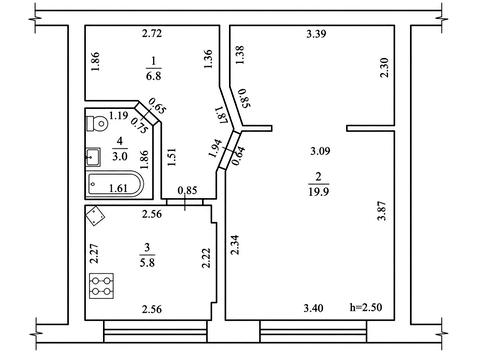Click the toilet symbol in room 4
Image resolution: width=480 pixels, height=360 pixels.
coord(97,124)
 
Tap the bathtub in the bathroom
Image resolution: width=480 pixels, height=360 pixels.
coord(115,184)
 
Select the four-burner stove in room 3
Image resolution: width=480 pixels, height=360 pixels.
coord(101,286)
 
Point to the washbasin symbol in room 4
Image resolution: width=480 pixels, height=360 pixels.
coord(93,157)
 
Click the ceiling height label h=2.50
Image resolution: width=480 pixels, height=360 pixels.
coord(366,307)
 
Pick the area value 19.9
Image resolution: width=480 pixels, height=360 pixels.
coord(318,192)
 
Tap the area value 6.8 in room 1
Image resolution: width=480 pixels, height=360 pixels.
coord(153,76)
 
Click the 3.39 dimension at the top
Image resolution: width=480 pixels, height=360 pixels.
coord(316,34)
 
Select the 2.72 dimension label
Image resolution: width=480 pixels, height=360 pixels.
coord(152,33)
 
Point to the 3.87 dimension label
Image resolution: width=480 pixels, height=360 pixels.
coord(382,210)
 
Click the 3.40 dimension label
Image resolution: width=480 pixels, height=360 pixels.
coord(313,308)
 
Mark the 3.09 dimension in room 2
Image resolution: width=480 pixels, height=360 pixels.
coord(320,151)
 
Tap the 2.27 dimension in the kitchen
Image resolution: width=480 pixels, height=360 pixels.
coord(95,254)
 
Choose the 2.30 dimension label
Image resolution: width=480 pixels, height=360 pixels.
coord(384,68)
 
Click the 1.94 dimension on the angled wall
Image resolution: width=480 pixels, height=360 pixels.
coord(215,148)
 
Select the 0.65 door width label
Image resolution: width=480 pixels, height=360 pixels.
coord(157,105)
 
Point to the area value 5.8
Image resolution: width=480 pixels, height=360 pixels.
coord(147,263)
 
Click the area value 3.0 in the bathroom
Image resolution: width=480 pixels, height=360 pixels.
coord(119,156)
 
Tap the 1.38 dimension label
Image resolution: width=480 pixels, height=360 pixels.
coord(240,55)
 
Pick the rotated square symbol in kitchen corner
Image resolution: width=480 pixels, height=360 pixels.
coord(95,216)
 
